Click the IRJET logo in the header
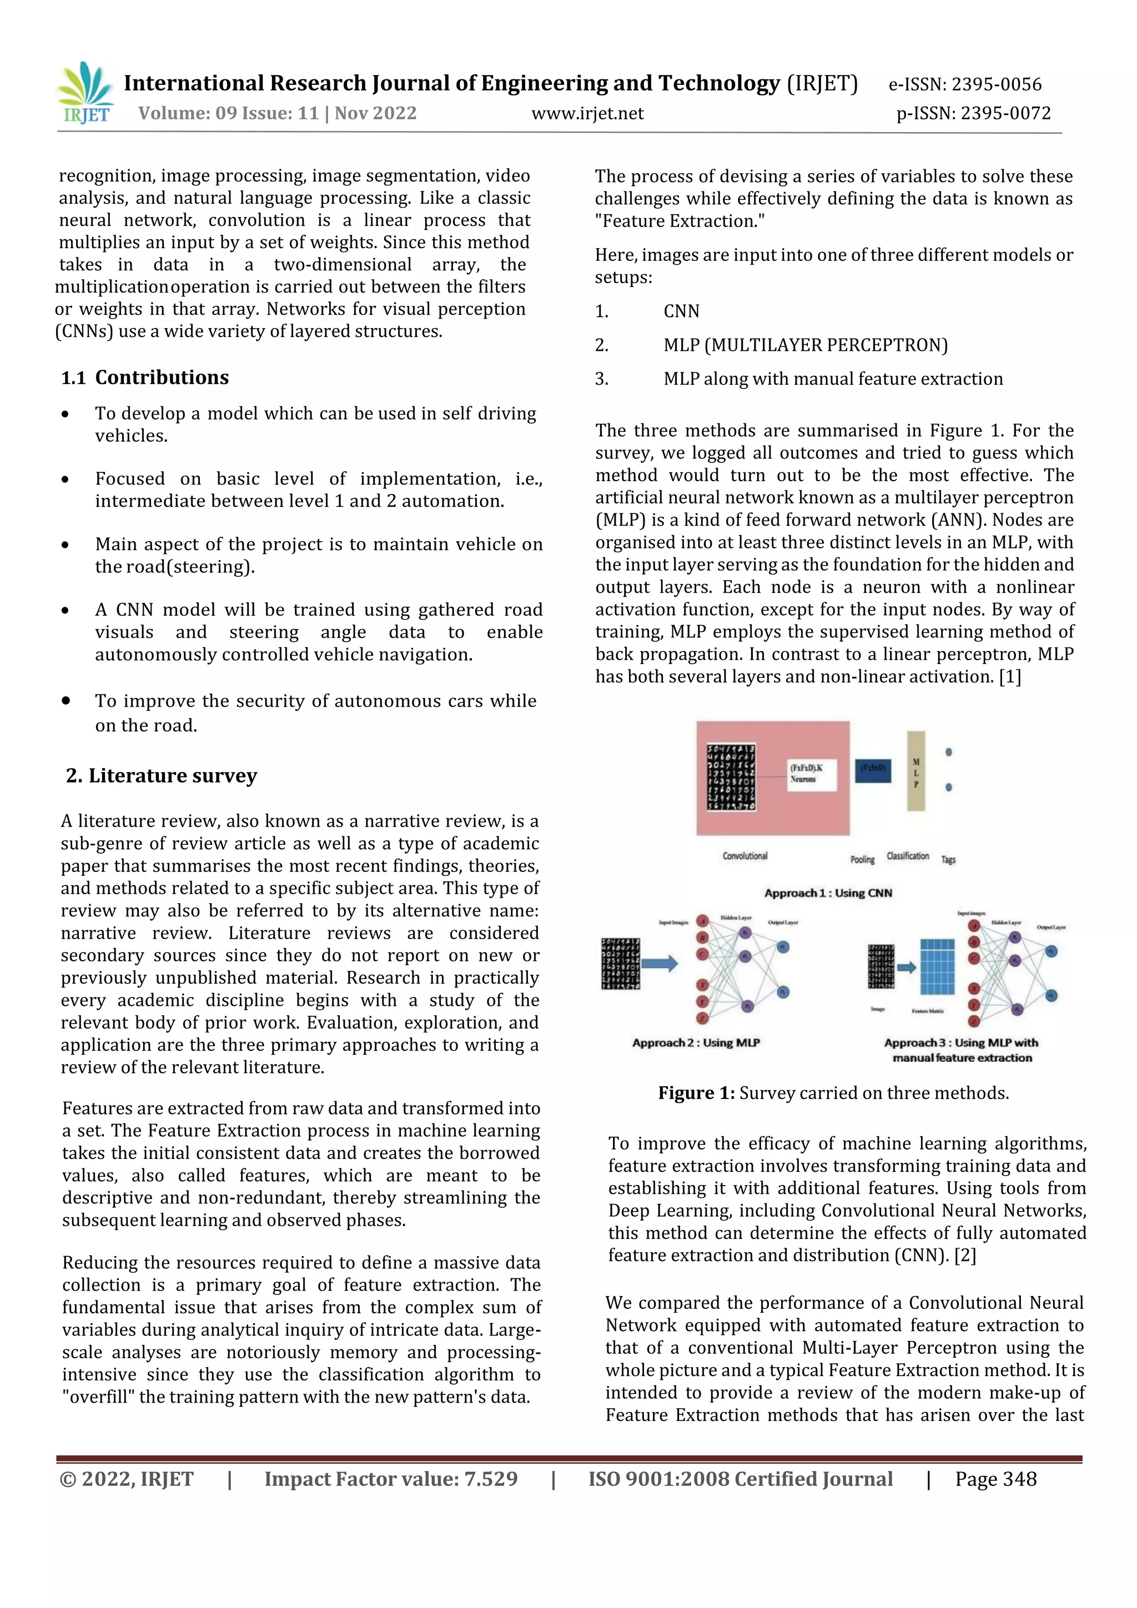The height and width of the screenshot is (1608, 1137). pyautogui.click(x=85, y=93)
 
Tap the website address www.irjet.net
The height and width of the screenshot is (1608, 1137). pyautogui.click(x=587, y=113)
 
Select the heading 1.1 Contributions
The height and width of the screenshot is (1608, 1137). pyautogui.click(x=145, y=377)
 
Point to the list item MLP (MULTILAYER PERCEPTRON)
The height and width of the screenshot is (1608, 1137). pyautogui.click(x=805, y=345)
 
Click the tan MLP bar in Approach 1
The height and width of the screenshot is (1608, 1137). pyautogui.click(x=915, y=772)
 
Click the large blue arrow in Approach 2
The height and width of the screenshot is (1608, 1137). pyautogui.click(x=659, y=964)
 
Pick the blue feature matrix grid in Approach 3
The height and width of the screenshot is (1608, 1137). pyautogui.click(x=937, y=967)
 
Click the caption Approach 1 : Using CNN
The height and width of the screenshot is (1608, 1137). pyautogui.click(x=828, y=893)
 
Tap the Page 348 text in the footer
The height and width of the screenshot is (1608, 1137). pyautogui.click(x=995, y=1479)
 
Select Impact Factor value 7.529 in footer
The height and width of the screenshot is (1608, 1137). pyautogui.click(x=391, y=1479)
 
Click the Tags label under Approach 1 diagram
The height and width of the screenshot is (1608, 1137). pyautogui.click(x=948, y=859)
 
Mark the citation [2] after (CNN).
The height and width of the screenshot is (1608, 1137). pyautogui.click(x=965, y=1255)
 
